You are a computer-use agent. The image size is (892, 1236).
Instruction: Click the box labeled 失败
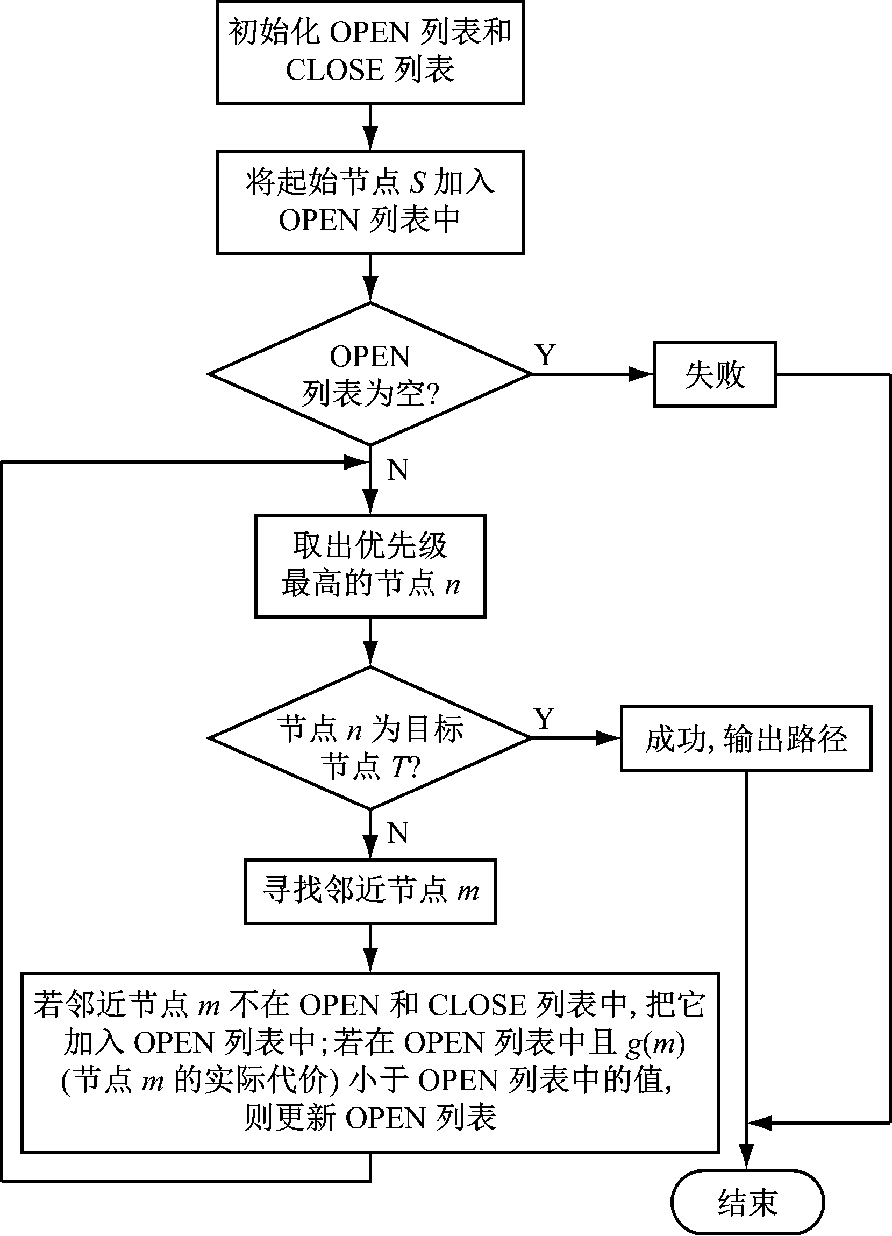point(715,374)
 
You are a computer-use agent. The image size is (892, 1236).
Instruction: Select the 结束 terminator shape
point(747,1202)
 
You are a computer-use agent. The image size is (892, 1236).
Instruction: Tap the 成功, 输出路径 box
point(746,738)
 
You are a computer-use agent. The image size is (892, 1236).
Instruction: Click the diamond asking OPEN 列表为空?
point(370,374)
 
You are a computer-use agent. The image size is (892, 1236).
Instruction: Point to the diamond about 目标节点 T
point(370,738)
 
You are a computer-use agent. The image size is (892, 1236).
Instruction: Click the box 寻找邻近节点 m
point(370,892)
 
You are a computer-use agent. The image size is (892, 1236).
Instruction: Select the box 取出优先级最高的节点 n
point(370,566)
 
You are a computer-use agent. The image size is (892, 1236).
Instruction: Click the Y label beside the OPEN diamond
point(545,355)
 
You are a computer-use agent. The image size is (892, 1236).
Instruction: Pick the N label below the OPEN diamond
point(398,469)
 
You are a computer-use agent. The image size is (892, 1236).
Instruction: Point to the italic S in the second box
point(417,182)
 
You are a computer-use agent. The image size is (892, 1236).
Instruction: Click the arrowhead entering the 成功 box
point(608,738)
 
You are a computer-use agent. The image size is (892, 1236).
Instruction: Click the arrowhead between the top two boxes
point(370,139)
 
